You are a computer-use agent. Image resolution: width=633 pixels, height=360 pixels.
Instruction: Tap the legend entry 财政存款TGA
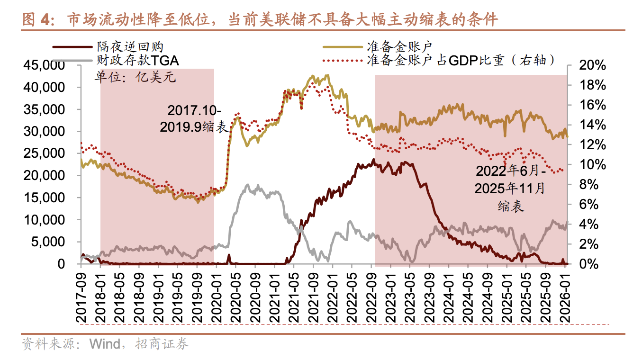tap(137, 60)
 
